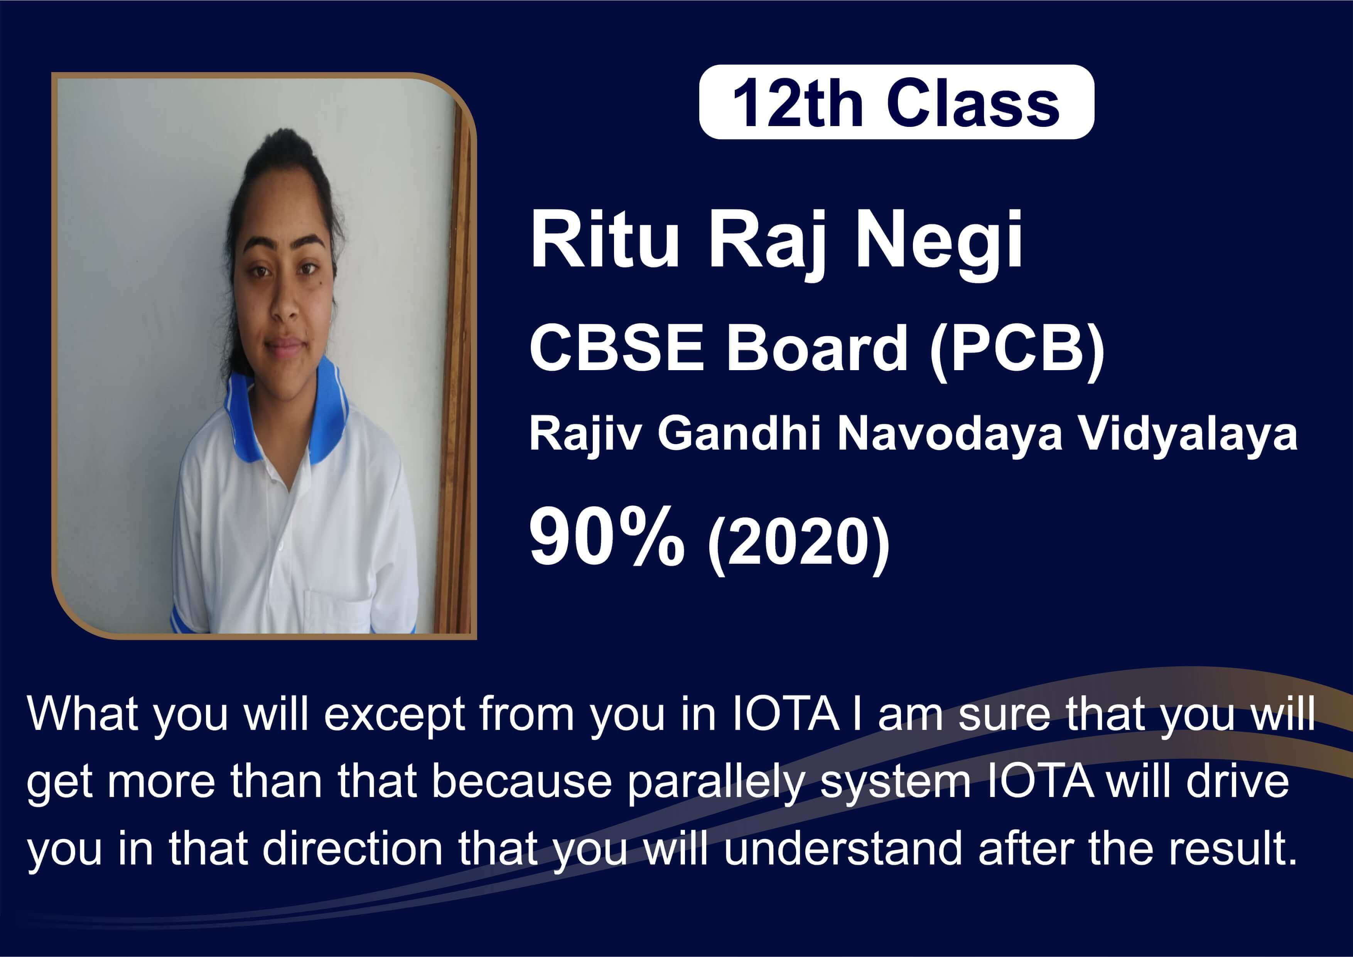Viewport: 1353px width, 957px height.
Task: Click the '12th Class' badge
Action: pyautogui.click(x=896, y=102)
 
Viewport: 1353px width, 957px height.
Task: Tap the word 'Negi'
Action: pyautogui.click(x=939, y=246)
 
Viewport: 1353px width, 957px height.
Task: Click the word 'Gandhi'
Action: pyautogui.click(x=739, y=434)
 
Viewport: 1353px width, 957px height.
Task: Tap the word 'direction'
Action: pyautogui.click(x=352, y=849)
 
